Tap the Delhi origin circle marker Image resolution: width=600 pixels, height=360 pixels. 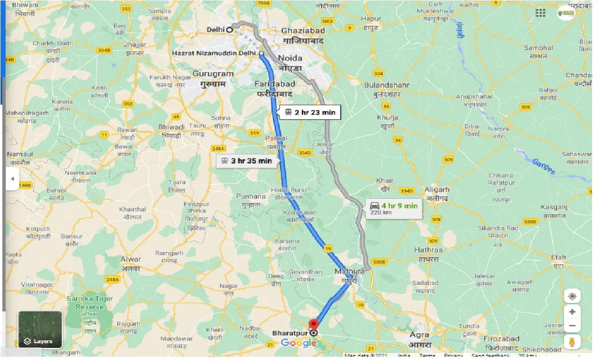coord(230,29)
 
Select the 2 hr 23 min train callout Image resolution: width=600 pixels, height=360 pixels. coord(309,112)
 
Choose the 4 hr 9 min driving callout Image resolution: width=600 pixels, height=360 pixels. coord(393,209)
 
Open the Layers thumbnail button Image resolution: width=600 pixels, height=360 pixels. coord(40,329)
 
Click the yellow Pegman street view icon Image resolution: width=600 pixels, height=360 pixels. coord(572,342)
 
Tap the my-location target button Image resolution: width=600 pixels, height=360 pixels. coord(572,296)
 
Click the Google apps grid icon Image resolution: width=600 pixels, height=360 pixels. coord(540,13)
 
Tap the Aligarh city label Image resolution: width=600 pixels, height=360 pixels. coord(437,193)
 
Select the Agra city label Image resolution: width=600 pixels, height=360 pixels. coord(419,338)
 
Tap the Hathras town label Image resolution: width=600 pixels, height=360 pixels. coord(429,254)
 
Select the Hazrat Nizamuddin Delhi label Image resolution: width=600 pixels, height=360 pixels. coord(214,54)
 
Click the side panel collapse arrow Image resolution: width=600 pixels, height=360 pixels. coord(12,179)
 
